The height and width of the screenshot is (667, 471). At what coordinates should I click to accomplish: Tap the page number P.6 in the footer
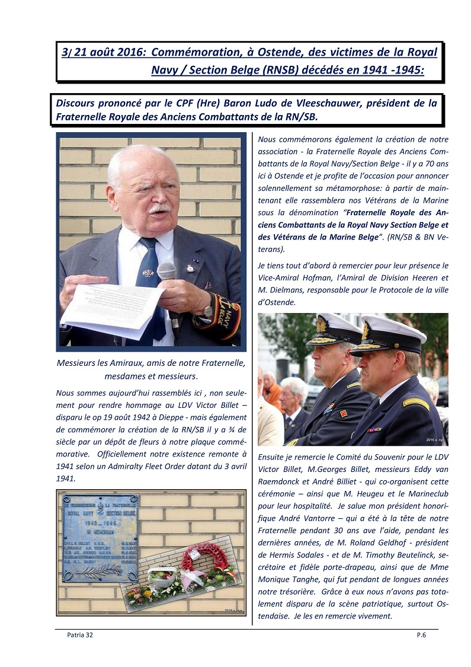[421, 635]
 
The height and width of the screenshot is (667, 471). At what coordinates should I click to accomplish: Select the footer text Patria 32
[80, 635]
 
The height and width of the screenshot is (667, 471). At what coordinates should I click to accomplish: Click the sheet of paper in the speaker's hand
[113, 309]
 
